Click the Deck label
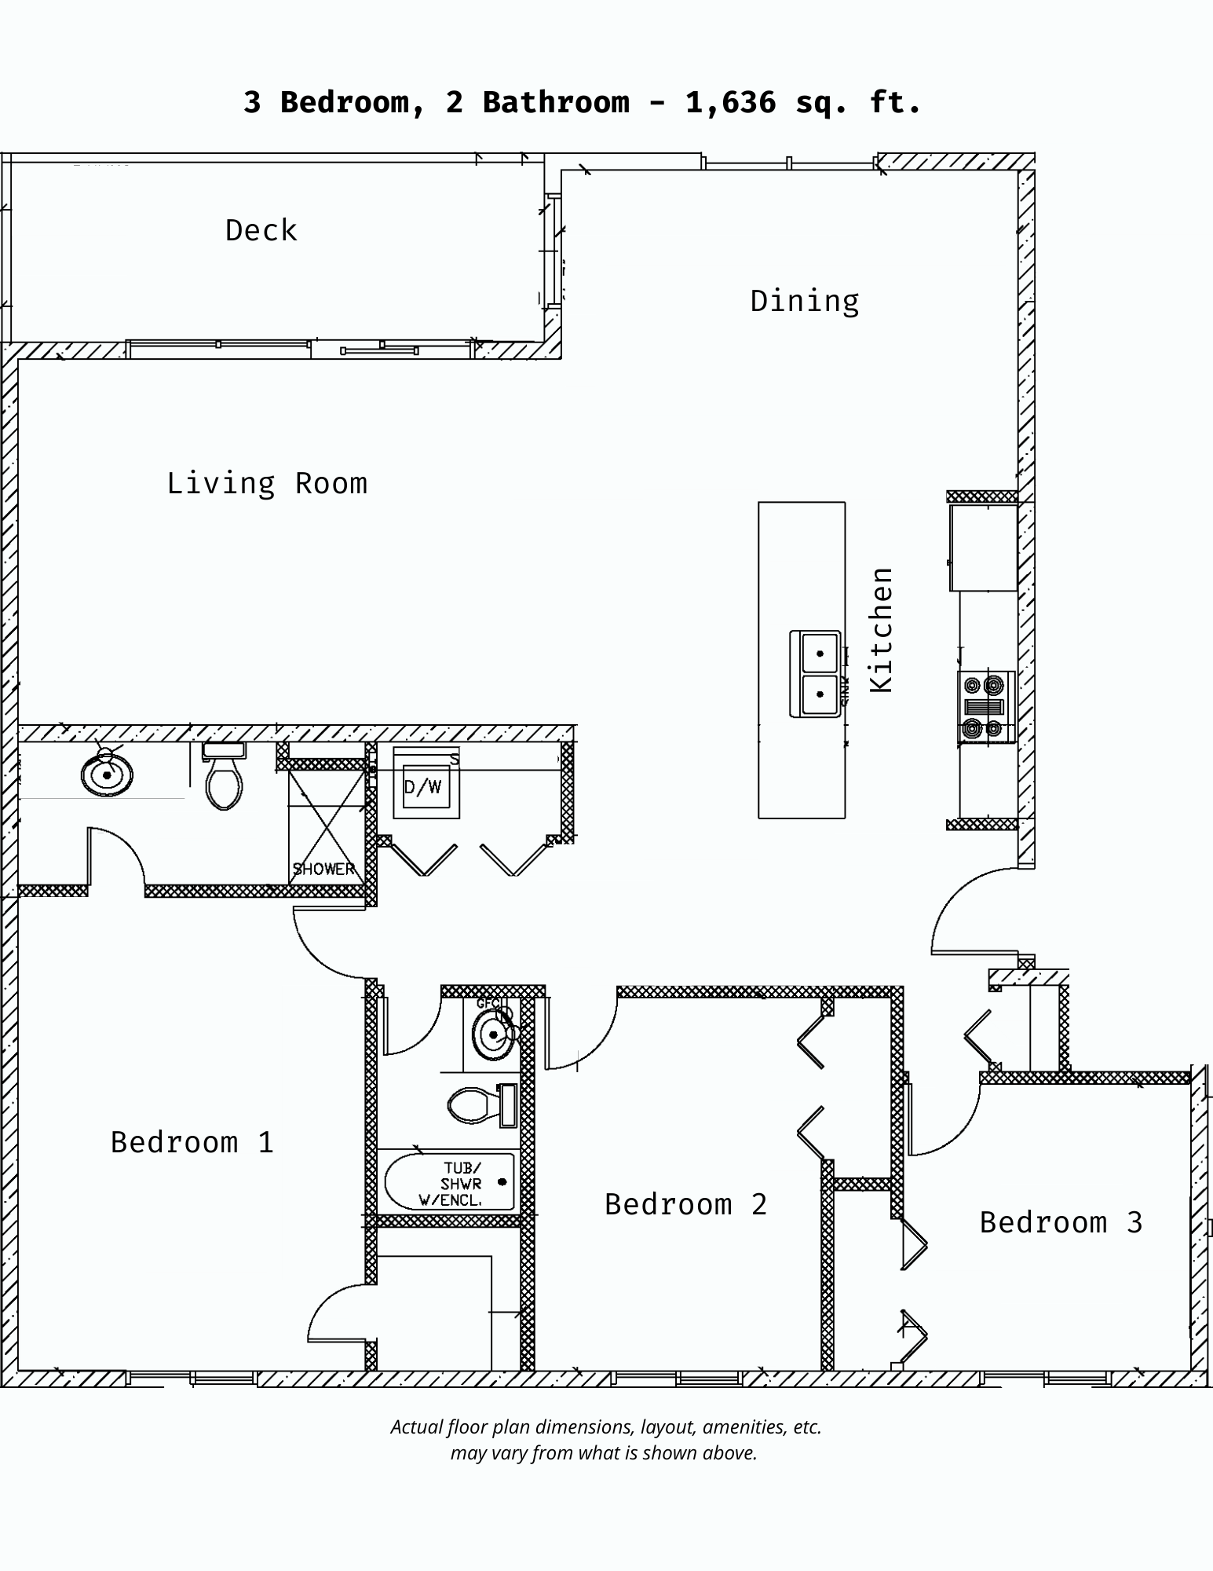click(261, 231)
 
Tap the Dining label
click(804, 302)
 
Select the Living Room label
click(267, 483)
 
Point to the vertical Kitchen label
click(882, 630)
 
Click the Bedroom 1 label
click(192, 1142)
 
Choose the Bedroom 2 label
click(685, 1204)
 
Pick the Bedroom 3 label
click(1061, 1222)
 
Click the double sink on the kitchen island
click(817, 674)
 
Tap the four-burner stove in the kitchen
click(985, 707)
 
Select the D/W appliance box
click(425, 786)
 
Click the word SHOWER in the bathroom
click(323, 869)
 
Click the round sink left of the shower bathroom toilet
click(107, 774)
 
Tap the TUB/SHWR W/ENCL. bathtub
click(449, 1182)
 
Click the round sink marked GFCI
click(492, 1035)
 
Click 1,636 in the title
click(730, 103)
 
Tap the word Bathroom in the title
click(555, 103)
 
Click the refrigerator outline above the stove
click(983, 547)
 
